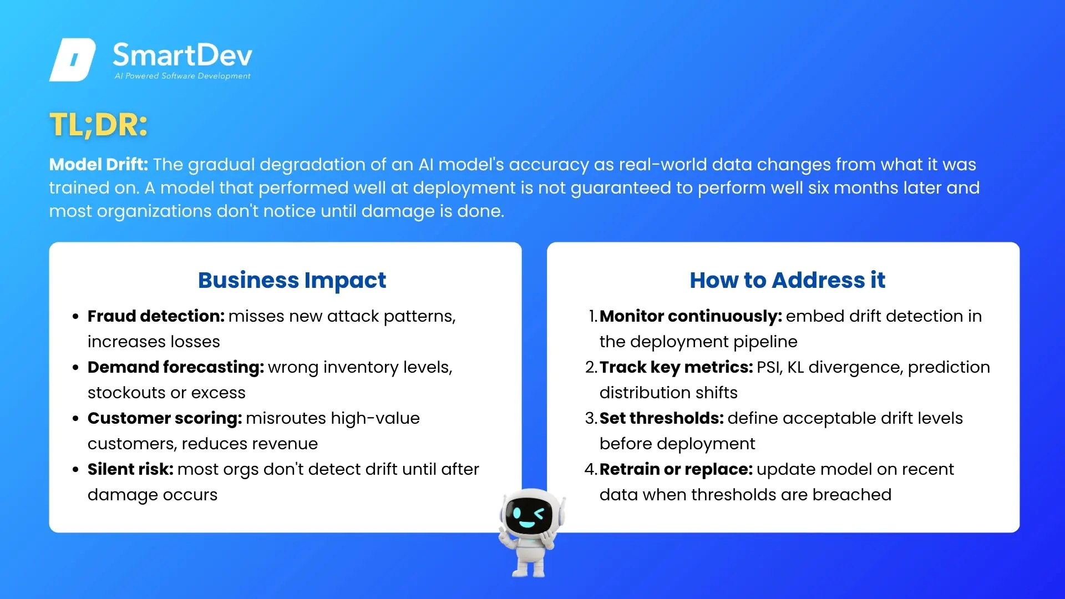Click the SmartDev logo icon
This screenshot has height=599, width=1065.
point(73,60)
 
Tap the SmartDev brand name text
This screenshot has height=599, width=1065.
point(182,55)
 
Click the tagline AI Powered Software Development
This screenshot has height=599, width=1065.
point(182,76)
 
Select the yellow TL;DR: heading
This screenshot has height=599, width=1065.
point(99,124)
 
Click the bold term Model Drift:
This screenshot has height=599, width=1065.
point(99,164)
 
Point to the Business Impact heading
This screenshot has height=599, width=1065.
point(292,281)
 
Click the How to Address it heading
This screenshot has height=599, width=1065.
point(788,280)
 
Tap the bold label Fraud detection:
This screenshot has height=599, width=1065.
point(156,316)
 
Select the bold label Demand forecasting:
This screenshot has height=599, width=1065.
point(176,367)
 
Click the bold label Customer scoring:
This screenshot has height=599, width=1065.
point(165,418)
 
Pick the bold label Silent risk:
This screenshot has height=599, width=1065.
point(130,469)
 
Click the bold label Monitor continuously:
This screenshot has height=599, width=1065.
point(691,316)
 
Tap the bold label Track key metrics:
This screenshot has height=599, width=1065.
point(676,367)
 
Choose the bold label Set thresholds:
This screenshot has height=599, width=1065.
point(662,418)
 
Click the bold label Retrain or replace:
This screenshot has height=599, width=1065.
point(676,469)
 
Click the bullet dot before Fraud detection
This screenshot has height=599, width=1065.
point(75,317)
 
